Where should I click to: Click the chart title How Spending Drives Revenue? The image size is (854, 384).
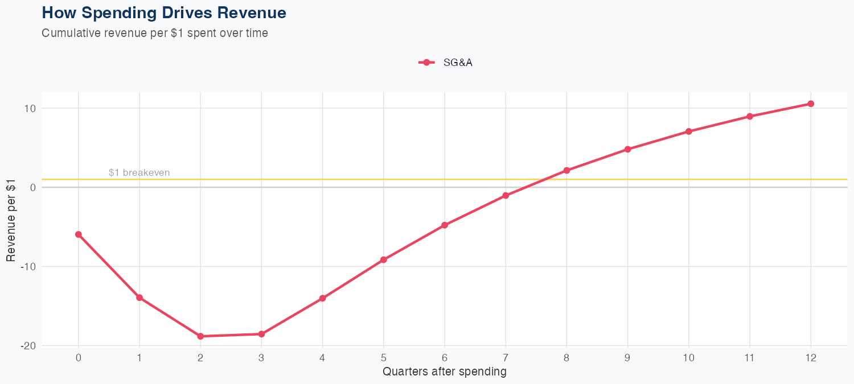[x=164, y=13]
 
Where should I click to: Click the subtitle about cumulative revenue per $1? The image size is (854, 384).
[x=155, y=33]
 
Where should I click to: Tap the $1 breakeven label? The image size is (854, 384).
[x=139, y=172]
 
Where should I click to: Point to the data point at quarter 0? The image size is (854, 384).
[x=79, y=234]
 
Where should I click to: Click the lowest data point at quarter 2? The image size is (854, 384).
[x=200, y=336]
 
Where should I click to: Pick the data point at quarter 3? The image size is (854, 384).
[x=261, y=334]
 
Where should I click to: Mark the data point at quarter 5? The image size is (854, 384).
[x=384, y=259]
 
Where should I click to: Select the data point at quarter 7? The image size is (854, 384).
[x=506, y=196]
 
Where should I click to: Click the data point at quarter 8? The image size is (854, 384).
[x=566, y=170]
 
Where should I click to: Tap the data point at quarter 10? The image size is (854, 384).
[x=689, y=131]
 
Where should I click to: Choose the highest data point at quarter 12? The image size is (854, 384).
[x=811, y=104]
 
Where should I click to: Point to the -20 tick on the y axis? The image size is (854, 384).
[x=28, y=345]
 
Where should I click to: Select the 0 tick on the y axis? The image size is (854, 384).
[x=33, y=187]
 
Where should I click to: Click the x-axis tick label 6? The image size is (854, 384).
[x=445, y=358]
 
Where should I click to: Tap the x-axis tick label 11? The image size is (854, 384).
[x=750, y=358]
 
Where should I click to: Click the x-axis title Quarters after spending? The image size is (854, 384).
[x=444, y=372]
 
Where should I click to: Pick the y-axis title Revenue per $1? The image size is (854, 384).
[x=11, y=219]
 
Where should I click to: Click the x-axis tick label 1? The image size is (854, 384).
[x=139, y=358]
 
